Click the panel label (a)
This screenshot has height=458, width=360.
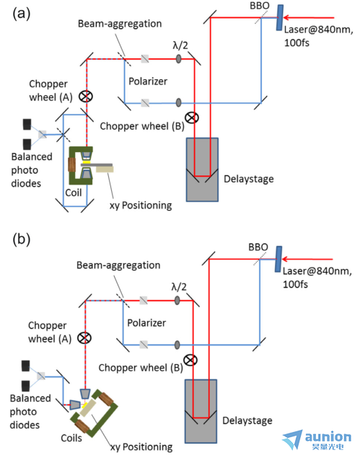click(x=22, y=14)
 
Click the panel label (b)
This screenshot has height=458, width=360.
click(x=22, y=239)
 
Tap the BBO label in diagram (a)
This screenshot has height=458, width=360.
click(x=260, y=6)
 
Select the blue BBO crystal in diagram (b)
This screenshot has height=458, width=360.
click(x=278, y=259)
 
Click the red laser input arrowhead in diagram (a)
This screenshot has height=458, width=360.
click(x=287, y=17)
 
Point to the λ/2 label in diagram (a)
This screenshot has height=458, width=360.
click(x=180, y=45)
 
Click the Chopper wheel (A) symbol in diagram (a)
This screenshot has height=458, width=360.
click(x=86, y=97)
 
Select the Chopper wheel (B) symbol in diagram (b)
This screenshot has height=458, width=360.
click(x=190, y=360)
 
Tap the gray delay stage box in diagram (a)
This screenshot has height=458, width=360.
click(x=202, y=169)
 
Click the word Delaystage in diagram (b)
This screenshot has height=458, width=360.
click(x=247, y=420)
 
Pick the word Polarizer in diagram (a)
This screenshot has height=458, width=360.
click(x=148, y=82)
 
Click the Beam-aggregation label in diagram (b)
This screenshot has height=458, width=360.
click(x=118, y=265)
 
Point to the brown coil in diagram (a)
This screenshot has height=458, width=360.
click(x=71, y=164)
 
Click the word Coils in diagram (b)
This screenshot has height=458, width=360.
click(x=71, y=438)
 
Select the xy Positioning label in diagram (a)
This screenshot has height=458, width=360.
click(x=141, y=206)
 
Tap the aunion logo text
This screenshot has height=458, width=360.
click(x=328, y=437)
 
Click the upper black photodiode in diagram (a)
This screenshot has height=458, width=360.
click(x=27, y=124)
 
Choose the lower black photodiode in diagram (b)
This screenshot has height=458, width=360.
click(x=26, y=386)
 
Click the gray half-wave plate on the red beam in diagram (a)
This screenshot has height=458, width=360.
click(x=178, y=59)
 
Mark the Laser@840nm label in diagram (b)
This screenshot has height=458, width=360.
click(x=317, y=271)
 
